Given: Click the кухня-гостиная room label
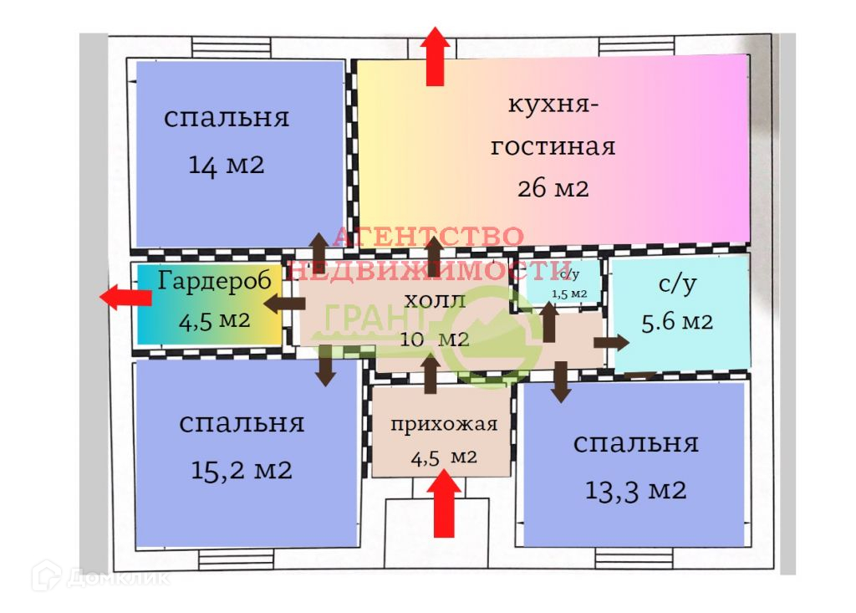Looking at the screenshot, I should click(552, 126).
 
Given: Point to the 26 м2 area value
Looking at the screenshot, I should click(553, 188).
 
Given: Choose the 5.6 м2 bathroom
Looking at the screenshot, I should click(677, 314).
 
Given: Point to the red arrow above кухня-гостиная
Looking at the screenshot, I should click(435, 56).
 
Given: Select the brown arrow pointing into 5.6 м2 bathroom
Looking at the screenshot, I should click(611, 342).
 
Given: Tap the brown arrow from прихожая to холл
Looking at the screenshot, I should click(430, 373).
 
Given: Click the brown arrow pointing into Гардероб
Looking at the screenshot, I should click(285, 303).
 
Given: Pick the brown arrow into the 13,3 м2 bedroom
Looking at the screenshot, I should click(561, 381).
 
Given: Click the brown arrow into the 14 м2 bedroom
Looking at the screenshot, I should click(319, 249).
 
